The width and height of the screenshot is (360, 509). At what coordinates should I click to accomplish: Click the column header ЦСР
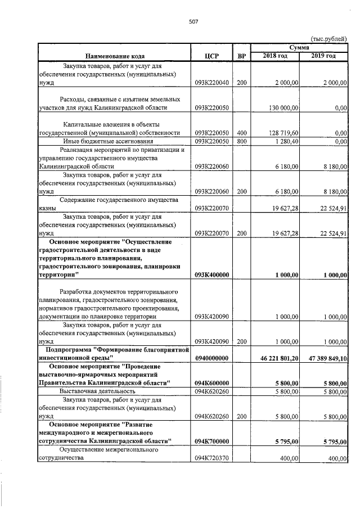tap(211, 56)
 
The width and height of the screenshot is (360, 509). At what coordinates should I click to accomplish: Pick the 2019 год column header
tap(323, 56)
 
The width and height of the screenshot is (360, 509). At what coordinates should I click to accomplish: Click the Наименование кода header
tap(115, 56)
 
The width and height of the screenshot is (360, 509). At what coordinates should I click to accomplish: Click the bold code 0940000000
tap(211, 357)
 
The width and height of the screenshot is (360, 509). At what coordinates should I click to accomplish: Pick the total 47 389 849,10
tap(324, 357)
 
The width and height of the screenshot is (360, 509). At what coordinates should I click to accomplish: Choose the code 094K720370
tap(211, 458)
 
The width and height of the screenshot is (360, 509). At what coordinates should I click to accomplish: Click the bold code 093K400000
tap(211, 275)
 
